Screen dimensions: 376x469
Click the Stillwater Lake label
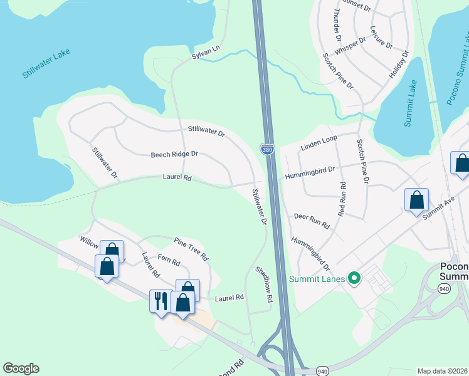coord(46,64)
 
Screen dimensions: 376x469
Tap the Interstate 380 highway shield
coord(267,150)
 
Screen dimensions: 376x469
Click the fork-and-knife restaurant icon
coord(159,300)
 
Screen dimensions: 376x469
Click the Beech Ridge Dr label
coord(174,154)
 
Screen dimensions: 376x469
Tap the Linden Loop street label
coord(319,143)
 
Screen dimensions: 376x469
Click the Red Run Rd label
coord(342,199)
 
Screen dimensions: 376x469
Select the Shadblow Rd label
coord(264,285)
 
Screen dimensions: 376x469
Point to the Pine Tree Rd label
coord(191,248)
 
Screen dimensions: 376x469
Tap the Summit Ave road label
coord(438,207)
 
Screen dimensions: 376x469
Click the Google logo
coord(21,368)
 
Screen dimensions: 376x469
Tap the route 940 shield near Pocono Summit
coord(444,288)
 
